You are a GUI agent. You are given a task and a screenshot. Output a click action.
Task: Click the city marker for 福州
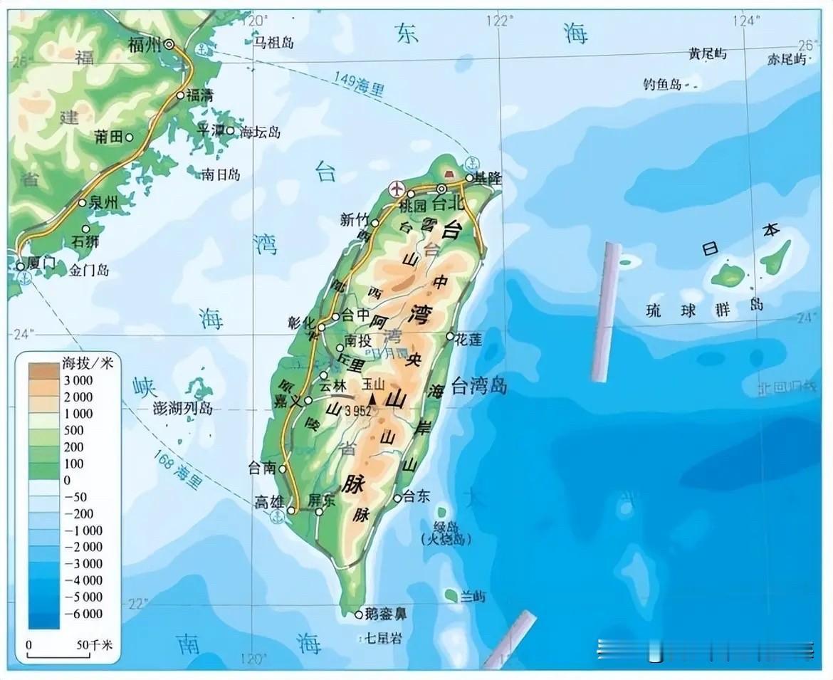point(169,44)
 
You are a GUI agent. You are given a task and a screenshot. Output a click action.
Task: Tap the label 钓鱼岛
point(662,85)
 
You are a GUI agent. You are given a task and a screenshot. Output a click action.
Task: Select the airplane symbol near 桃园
point(397,189)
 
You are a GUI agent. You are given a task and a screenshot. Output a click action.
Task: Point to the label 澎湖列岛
point(183,409)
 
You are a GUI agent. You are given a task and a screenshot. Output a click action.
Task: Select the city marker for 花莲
point(450,336)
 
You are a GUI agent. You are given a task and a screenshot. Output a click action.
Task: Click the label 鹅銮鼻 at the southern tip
point(385,614)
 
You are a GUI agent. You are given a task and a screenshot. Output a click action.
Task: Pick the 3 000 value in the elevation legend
point(78,380)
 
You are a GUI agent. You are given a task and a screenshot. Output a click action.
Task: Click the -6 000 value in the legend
point(83,614)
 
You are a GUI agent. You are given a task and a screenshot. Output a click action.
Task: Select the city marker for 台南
point(283,469)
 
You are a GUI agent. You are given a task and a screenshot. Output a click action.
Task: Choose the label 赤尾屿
point(786,59)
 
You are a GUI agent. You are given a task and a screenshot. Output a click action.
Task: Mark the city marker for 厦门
point(20,266)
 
